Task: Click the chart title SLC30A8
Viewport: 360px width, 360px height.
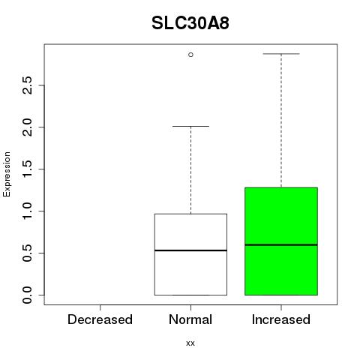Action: (190, 23)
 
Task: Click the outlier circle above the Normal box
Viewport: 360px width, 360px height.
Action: (190, 55)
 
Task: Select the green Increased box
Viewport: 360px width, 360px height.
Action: (281, 241)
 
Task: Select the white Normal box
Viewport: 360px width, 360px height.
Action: (190, 254)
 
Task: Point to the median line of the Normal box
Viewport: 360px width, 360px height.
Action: (190, 250)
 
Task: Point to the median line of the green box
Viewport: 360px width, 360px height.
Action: (281, 244)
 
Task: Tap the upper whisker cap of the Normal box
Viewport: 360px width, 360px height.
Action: (190, 126)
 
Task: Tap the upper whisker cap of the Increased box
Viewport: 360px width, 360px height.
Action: (281, 54)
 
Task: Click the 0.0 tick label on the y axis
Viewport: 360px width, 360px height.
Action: (27, 295)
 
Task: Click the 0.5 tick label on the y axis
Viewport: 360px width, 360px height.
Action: (27, 253)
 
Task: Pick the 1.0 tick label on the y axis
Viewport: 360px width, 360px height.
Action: (27, 211)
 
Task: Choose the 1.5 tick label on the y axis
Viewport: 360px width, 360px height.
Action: (27, 169)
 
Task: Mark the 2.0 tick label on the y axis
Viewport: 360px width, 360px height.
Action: (27, 127)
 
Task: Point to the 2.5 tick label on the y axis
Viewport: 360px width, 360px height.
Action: (27, 85)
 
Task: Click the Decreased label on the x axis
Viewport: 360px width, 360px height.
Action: (100, 319)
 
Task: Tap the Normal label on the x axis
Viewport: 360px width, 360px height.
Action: (190, 319)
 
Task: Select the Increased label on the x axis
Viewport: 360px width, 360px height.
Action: (281, 319)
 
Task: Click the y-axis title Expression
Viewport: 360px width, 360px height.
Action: (7, 174)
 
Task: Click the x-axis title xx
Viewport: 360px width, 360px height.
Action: (190, 343)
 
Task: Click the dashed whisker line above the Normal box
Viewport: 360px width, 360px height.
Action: (190, 170)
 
